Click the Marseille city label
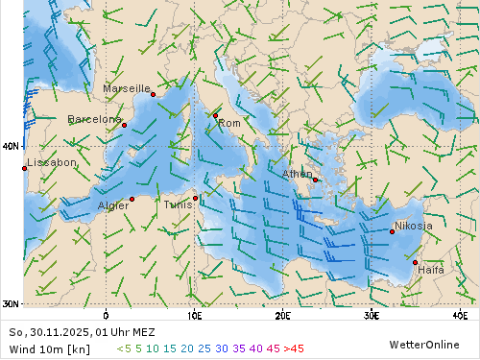[126, 88]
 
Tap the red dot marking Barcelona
[124, 125]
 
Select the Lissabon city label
[52, 163]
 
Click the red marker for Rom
[215, 115]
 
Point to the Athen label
[297, 174]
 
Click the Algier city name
[113, 205]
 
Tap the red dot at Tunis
[195, 199]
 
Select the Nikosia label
[414, 227]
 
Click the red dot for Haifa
[416, 262]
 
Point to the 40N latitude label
[11, 146]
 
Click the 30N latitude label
[11, 304]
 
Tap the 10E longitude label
[194, 315]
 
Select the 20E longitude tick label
[282, 315]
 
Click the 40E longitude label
[460, 315]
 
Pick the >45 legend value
[292, 348]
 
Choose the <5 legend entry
[124, 348]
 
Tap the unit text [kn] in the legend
[80, 348]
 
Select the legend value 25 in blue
[204, 348]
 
